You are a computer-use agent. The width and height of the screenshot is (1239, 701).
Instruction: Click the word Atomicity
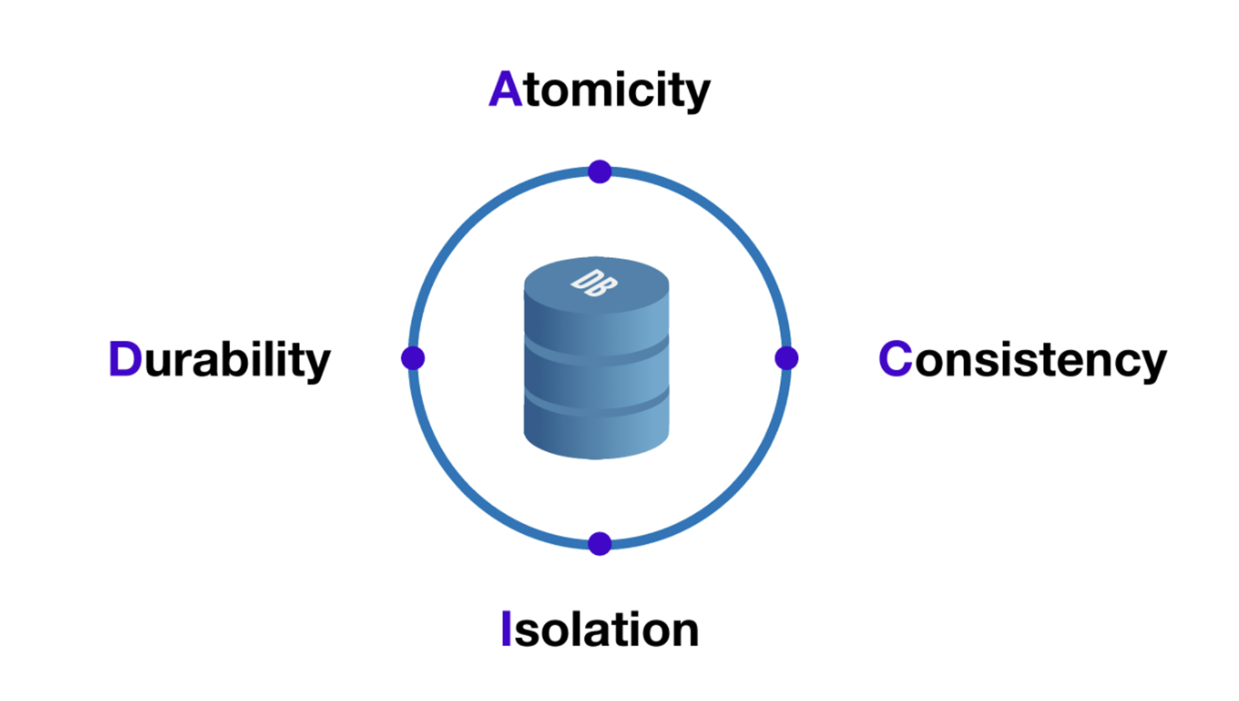click(x=599, y=90)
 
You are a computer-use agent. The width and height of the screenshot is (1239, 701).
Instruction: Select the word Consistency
click(x=1022, y=360)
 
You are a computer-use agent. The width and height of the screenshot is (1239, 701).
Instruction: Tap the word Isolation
click(x=599, y=629)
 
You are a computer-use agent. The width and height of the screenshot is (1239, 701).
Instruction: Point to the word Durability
click(x=219, y=360)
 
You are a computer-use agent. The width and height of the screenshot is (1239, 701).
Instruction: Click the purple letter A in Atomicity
click(x=505, y=89)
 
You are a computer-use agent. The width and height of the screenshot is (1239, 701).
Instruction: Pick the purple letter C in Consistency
click(x=895, y=358)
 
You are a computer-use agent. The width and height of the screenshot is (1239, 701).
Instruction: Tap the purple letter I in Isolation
click(x=506, y=628)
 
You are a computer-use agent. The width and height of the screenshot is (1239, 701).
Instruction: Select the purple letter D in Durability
click(x=125, y=359)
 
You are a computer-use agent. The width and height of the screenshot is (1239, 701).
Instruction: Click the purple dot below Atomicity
click(x=599, y=172)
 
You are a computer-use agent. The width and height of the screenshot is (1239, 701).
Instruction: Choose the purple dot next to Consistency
click(x=786, y=358)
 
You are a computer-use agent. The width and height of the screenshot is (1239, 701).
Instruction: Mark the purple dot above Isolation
click(x=599, y=544)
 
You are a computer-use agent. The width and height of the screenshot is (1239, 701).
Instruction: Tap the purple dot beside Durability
click(x=413, y=358)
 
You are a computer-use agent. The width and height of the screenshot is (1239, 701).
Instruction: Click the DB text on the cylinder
click(x=594, y=283)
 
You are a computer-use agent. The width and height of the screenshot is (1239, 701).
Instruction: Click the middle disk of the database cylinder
click(x=596, y=380)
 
